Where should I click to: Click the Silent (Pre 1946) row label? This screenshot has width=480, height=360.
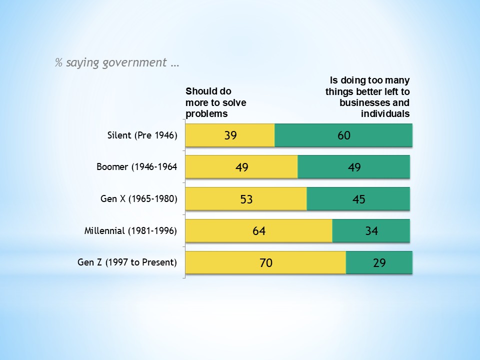pos(142,135)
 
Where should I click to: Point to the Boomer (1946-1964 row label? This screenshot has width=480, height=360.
pos(136,166)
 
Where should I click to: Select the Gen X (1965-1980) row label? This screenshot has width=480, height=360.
pos(139,198)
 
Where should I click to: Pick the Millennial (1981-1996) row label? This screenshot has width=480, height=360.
pos(130,230)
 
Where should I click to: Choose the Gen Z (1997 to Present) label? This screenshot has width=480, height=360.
pos(127,261)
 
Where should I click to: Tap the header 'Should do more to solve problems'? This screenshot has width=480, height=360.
pos(215,102)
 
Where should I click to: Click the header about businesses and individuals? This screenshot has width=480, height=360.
pos(367,97)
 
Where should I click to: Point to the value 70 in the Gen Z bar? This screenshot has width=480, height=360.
pos(266,262)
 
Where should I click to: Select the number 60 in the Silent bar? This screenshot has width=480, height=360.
pos(344,135)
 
